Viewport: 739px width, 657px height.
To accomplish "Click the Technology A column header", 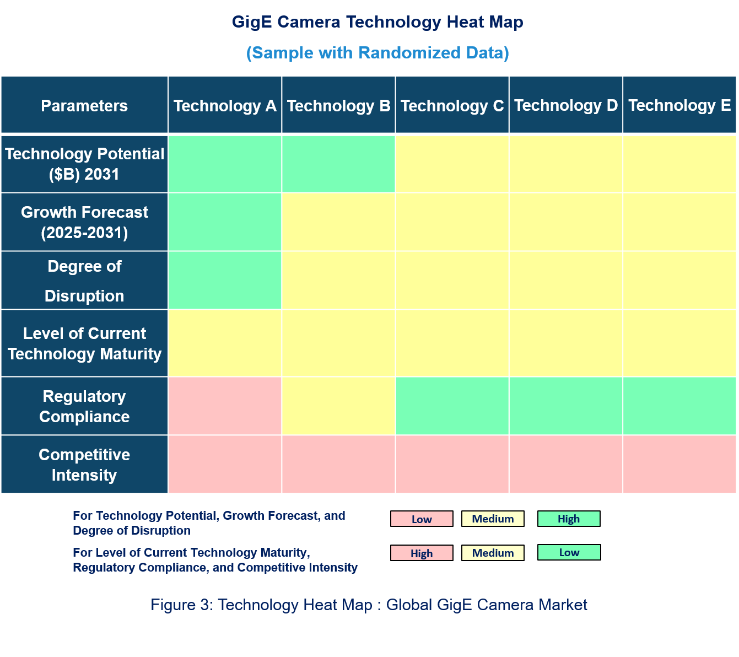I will [x=225, y=105].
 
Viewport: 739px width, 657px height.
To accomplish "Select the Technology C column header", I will [x=452, y=105].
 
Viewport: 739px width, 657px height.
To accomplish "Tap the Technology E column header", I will [x=679, y=105].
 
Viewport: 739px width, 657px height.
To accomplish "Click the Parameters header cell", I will [x=84, y=105].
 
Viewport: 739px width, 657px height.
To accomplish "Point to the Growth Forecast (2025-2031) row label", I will [x=84, y=222].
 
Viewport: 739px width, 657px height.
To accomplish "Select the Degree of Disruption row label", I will [x=84, y=281].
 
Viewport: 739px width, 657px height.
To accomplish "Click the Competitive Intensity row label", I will [x=84, y=465].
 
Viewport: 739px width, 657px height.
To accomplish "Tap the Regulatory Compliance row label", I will [x=84, y=406].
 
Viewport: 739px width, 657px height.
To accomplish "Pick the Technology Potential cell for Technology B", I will [x=338, y=164].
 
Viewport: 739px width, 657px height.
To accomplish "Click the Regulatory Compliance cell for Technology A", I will [x=225, y=406].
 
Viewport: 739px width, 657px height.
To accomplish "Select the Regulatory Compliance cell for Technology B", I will [x=338, y=406].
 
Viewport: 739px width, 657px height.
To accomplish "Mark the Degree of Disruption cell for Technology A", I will [x=225, y=281].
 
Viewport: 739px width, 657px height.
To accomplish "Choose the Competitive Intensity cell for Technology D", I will [x=566, y=465].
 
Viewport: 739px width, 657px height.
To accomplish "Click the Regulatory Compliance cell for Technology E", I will [x=679, y=406].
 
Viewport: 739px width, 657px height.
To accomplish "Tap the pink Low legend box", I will [x=422, y=519].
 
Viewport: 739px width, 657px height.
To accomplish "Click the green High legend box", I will [x=569, y=519].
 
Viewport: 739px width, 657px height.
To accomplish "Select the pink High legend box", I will [x=422, y=553].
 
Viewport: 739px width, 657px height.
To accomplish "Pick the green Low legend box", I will [x=569, y=552].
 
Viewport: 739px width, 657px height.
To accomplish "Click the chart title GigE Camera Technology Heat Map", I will [x=377, y=22].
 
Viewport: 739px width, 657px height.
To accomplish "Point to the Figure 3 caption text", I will [x=369, y=605].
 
